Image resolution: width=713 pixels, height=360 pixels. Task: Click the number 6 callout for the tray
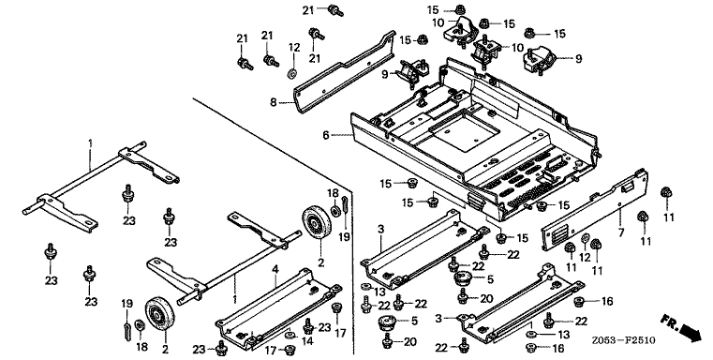[x=325, y=135]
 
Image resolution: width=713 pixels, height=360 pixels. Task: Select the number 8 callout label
[x=273, y=102]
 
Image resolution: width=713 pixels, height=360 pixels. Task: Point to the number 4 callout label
[x=275, y=270]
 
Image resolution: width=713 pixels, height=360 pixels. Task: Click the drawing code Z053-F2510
[x=623, y=340]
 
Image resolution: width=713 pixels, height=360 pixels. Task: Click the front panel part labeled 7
[x=594, y=209]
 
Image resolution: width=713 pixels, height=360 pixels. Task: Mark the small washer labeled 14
[x=289, y=336]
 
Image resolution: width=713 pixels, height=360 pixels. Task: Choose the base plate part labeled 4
[x=278, y=309]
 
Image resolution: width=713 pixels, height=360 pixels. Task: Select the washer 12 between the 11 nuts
[x=586, y=237]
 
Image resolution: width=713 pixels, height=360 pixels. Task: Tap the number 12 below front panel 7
[x=585, y=258]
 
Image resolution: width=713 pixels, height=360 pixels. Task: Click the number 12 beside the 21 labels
[x=294, y=47]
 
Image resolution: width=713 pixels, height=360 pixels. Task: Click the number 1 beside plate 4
[x=234, y=299]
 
